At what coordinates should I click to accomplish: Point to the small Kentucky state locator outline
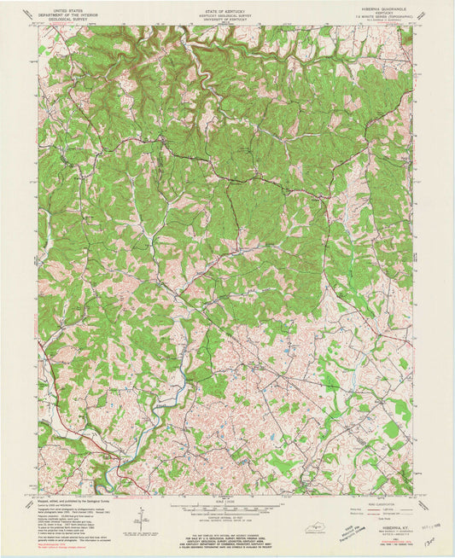(319, 528)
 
